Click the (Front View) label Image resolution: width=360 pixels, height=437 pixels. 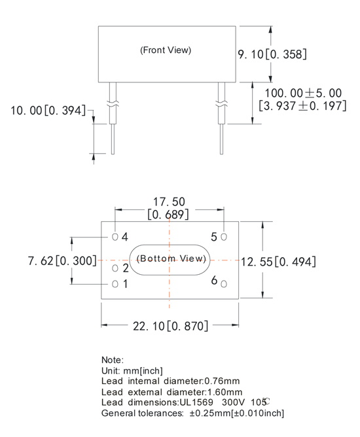[166, 50]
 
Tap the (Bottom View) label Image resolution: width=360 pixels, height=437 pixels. [171, 258]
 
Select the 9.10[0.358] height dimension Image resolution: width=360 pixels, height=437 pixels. [272, 54]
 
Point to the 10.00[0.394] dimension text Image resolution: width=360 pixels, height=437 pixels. [48, 111]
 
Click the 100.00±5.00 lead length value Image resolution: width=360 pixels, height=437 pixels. [303, 93]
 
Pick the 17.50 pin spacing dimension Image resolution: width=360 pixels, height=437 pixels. [169, 201]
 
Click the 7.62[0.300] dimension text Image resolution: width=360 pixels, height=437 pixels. [62, 261]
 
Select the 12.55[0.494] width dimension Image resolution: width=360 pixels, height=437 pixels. [278, 262]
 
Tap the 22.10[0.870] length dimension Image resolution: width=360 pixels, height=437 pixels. [170, 326]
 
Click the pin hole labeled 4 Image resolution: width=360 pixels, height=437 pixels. [115, 237]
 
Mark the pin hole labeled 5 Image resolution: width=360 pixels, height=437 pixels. [224, 237]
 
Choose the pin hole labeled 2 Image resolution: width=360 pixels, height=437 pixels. [115, 268]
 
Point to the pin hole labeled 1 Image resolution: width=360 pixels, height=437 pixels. [115, 284]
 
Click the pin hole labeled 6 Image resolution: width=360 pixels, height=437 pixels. [224, 284]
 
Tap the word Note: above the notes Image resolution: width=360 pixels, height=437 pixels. [113, 360]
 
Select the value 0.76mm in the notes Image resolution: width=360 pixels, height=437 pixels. [222, 381]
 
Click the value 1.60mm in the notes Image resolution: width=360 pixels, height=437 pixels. [225, 392]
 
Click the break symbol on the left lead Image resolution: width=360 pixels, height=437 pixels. [113, 105]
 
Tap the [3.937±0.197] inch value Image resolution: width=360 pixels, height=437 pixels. [302, 106]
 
